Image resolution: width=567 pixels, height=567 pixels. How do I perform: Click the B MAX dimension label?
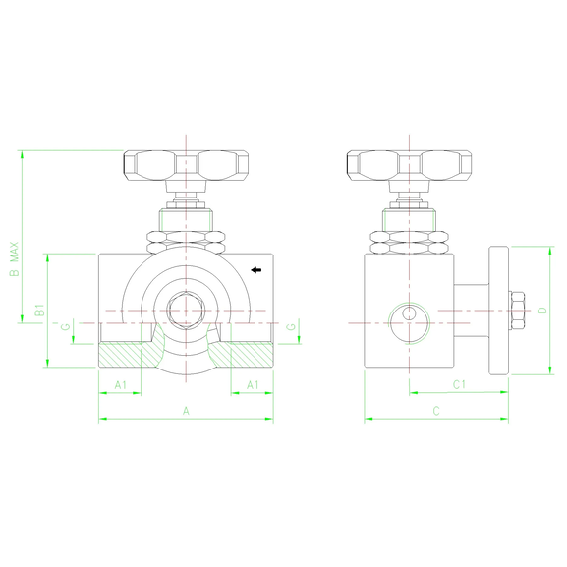click(x=14, y=259)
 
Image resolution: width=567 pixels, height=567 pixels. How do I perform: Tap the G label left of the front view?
click(x=65, y=327)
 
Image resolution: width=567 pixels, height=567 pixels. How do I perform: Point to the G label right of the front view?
click(x=292, y=326)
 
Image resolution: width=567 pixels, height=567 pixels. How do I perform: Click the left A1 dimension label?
click(x=121, y=384)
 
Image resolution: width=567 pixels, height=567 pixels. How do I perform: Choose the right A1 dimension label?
click(x=253, y=384)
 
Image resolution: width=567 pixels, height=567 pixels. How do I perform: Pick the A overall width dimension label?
click(x=186, y=411)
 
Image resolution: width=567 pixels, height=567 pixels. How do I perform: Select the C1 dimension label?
click(x=458, y=384)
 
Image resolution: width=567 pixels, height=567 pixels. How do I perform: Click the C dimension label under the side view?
click(x=436, y=411)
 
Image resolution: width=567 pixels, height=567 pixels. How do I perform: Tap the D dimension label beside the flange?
click(x=542, y=311)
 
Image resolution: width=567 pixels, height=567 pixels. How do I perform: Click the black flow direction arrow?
click(x=256, y=269)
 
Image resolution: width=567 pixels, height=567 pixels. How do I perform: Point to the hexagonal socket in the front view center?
click(x=185, y=311)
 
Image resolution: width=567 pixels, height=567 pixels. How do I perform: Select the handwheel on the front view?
click(x=186, y=165)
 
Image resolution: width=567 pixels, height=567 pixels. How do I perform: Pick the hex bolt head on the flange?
click(x=514, y=311)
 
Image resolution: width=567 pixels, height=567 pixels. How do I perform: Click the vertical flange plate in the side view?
click(x=498, y=311)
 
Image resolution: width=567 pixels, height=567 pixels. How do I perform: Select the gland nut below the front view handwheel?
click(x=186, y=219)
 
